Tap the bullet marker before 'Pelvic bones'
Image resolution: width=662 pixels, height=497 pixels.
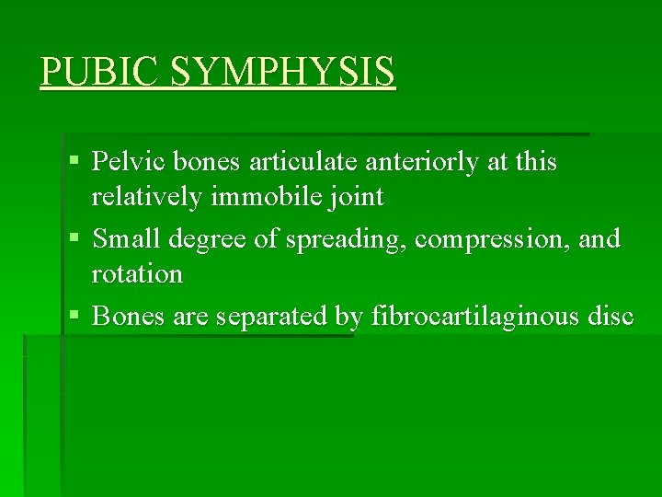coord(74,163)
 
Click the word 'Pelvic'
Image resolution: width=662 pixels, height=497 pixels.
coord(127,162)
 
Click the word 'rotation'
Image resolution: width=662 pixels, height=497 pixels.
coord(137,274)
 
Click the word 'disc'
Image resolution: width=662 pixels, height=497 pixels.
coord(611,317)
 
